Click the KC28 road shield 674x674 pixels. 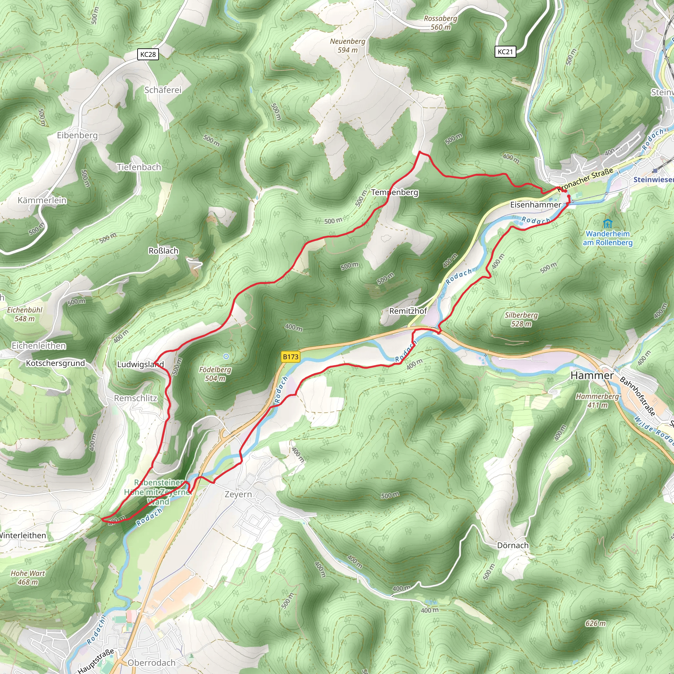pos(148,54)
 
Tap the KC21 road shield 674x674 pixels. pos(505,52)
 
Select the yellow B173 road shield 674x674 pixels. pos(291,356)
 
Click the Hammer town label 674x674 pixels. pos(592,376)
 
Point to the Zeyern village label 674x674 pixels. pos(238,494)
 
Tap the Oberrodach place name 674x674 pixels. pos(151,663)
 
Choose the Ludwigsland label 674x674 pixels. pos(140,365)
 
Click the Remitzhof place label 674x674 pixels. pos(408,311)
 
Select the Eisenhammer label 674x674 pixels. pos(535,205)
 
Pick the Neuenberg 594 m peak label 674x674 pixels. pos(348,46)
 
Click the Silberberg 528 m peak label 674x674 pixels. pos(521,320)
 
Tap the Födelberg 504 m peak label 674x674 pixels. pos(215,374)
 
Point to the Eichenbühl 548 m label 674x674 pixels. pos(25,314)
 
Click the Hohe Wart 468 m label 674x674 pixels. pos(28,578)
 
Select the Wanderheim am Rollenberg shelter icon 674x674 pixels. pos(608,223)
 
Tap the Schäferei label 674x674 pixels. pos(163,90)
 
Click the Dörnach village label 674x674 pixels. pos(512,545)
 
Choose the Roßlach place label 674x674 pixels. pos(163,251)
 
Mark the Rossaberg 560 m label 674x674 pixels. pos(440,23)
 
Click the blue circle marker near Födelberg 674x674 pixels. pos(226,356)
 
